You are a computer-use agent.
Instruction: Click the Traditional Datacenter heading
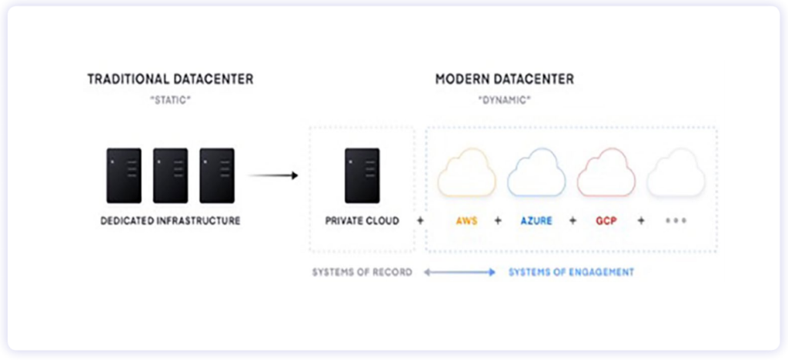tap(170, 79)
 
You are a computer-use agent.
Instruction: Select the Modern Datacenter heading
tap(504, 79)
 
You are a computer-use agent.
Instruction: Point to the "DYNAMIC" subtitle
tap(504, 100)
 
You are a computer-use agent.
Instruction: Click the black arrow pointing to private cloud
tap(272, 175)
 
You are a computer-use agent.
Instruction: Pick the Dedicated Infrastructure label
tap(170, 221)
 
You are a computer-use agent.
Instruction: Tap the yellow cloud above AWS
tap(466, 174)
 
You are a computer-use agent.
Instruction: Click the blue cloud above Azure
tap(536, 174)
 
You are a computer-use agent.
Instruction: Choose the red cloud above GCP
tap(606, 174)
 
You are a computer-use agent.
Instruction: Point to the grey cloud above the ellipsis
tap(676, 174)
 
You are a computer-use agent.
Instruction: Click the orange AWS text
tap(466, 221)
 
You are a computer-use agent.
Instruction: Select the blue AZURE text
tap(536, 221)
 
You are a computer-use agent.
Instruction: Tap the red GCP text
tap(606, 221)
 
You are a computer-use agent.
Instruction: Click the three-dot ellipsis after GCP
tap(676, 221)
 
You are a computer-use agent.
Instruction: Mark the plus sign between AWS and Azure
tap(498, 221)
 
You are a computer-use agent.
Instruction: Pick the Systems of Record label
tap(362, 272)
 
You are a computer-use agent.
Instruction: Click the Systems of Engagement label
tap(571, 272)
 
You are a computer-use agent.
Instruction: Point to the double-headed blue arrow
tap(459, 272)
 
